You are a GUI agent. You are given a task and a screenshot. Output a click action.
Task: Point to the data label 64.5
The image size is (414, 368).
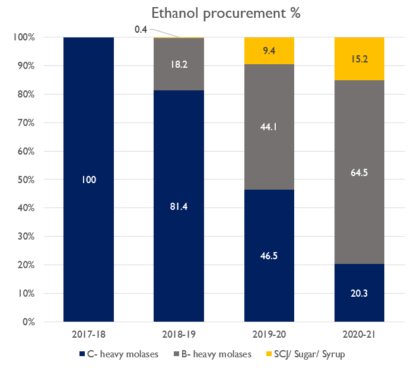(359, 172)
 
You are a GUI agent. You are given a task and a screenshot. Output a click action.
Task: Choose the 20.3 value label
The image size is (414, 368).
(359, 293)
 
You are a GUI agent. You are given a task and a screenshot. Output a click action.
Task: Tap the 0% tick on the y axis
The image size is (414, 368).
(27, 322)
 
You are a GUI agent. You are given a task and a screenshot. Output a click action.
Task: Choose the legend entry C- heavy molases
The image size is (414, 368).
(122, 354)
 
